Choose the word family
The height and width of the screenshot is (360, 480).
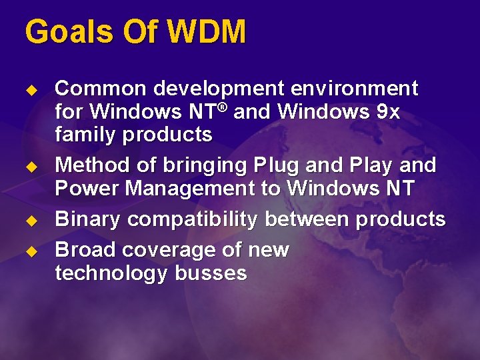tap(83, 135)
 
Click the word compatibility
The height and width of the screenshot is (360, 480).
tap(194, 220)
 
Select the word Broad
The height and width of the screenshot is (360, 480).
tap(83, 249)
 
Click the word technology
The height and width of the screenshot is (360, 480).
tap(111, 273)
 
